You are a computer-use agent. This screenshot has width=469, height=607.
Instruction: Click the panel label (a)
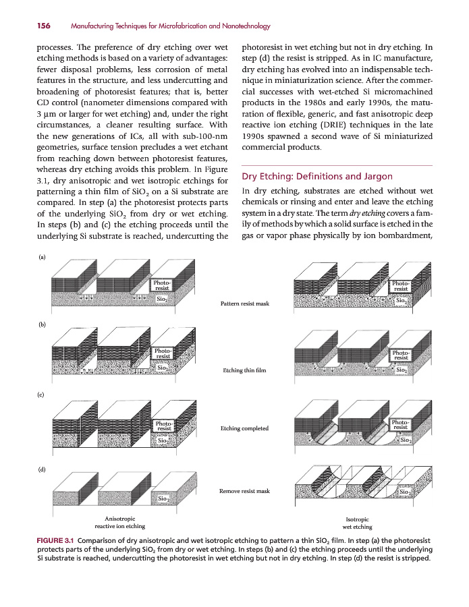click(43, 257)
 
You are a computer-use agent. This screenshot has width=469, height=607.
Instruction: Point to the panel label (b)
click(43, 324)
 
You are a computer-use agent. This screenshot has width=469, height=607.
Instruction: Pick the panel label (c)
click(43, 395)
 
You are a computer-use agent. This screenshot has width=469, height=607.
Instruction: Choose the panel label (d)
click(43, 467)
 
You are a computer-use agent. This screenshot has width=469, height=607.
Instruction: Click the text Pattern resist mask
click(244, 303)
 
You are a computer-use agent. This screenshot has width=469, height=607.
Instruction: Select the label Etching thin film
click(244, 370)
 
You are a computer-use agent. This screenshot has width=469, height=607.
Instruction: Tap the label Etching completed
click(244, 428)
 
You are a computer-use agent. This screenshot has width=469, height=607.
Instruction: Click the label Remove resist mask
click(244, 491)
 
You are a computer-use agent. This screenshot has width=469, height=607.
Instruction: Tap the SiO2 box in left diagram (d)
click(163, 498)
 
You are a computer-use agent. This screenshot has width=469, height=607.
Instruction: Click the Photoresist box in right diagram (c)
click(401, 424)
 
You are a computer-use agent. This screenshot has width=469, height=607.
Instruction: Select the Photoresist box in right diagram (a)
click(401, 287)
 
